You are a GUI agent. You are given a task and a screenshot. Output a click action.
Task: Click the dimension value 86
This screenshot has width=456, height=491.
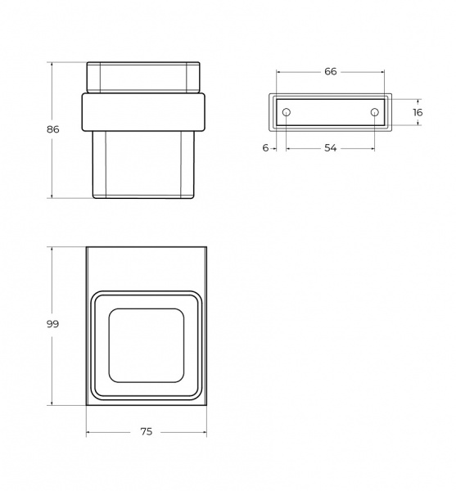tap(53, 129)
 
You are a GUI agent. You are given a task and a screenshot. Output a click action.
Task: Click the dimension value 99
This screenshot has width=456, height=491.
tap(52, 324)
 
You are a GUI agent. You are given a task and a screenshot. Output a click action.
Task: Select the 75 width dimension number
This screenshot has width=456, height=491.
tap(147, 432)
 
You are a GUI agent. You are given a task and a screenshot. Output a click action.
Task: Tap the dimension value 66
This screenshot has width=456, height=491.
tap(331, 72)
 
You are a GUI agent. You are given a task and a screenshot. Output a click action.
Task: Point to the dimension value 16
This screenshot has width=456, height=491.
tap(418, 112)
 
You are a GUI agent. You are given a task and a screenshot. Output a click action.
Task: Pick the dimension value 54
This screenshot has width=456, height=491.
tap(331, 148)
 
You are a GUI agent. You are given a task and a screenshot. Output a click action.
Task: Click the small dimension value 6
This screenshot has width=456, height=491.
tap(265, 148)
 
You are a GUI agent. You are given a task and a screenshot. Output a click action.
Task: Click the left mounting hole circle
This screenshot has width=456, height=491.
tap(287, 112)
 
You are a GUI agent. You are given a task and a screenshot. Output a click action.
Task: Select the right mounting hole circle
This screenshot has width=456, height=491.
tap(375, 112)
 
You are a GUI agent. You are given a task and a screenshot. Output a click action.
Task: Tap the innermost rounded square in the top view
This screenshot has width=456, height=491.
tap(109, 345)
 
